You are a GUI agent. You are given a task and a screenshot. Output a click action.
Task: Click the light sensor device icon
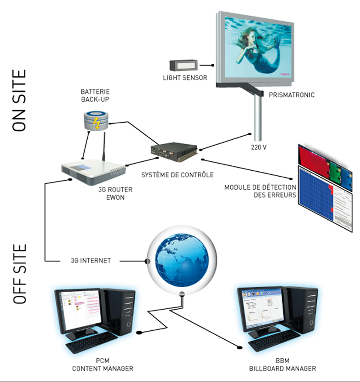pyautogui.click(x=183, y=65)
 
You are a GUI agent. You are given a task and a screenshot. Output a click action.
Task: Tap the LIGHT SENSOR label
pyautogui.click(x=185, y=78)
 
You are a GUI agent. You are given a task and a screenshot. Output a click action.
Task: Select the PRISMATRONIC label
pyautogui.click(x=287, y=95)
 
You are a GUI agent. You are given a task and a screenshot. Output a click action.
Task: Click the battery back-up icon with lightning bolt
pyautogui.click(x=95, y=120)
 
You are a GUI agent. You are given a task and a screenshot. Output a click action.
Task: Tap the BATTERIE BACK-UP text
pyautogui.click(x=96, y=95)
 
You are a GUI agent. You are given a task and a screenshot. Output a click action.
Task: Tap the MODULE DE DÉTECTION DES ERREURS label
pyautogui.click(x=260, y=191)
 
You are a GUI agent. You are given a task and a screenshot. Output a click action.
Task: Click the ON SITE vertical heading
pyautogui.click(x=19, y=100)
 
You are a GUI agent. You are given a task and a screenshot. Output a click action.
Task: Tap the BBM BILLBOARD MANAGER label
pyautogui.click(x=283, y=365)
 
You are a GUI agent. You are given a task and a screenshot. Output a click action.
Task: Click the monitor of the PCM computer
pyautogui.click(x=77, y=310)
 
